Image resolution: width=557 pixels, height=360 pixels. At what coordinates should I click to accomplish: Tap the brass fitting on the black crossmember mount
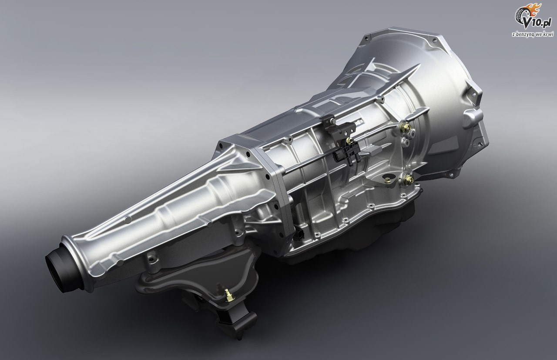tap(227, 295)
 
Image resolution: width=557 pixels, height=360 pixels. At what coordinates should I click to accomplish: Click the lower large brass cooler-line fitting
tap(408, 179)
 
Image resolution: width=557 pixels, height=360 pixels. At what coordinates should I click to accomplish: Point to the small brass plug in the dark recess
tap(387, 180)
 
